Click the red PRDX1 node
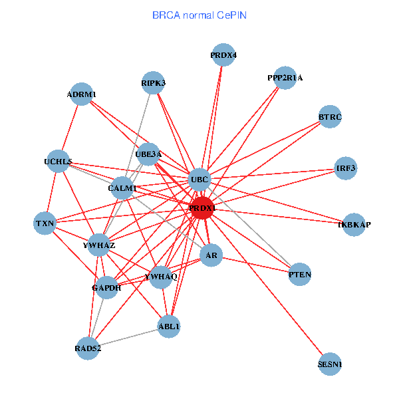(x=202, y=208)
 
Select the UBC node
(x=200, y=179)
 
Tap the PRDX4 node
(x=223, y=55)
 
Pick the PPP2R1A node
(x=285, y=78)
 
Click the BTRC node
(x=330, y=117)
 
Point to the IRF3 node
(x=346, y=168)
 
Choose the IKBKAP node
(x=354, y=225)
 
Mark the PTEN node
(x=300, y=274)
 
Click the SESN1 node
(x=330, y=364)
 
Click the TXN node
(x=45, y=223)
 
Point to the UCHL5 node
(x=58, y=161)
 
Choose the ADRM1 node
(x=81, y=94)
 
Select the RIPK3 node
(x=154, y=83)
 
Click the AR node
(x=211, y=255)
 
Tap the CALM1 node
(x=122, y=188)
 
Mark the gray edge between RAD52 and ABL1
(x=128, y=337)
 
